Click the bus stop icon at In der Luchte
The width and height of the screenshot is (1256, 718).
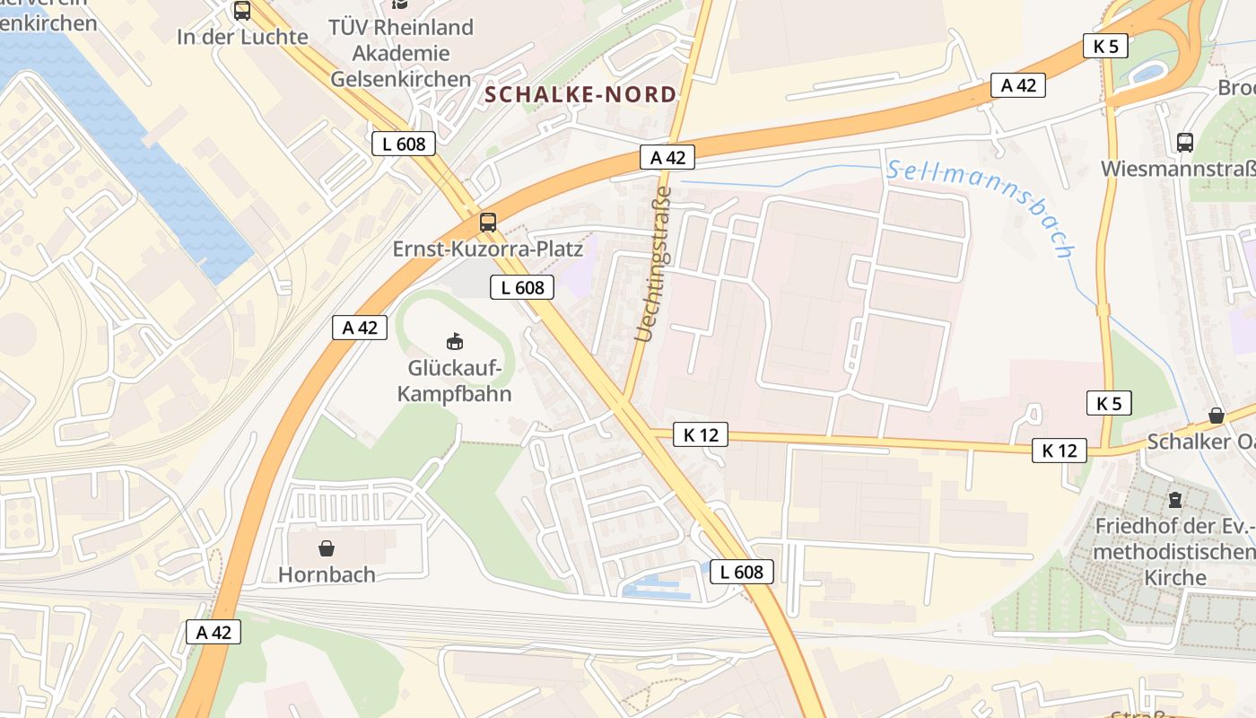coord(242,11)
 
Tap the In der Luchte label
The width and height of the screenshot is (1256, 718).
coord(242,37)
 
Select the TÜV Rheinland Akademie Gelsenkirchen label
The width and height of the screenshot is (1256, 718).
coord(401,53)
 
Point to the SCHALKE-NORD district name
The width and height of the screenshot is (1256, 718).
coord(580,94)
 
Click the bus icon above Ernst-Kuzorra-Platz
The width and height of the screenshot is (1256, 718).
coord(488,223)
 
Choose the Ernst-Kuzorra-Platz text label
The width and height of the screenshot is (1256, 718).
coord(488,249)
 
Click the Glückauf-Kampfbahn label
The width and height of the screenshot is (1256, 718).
coord(455,381)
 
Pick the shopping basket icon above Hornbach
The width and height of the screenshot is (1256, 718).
coord(327,547)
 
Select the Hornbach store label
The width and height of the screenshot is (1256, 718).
coord(327,574)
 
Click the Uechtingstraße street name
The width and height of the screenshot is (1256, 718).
coord(653,264)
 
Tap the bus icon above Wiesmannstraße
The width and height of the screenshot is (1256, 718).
coord(1184,142)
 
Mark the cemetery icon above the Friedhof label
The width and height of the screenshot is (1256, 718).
coord(1175,499)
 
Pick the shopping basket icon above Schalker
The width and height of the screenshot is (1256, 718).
coord(1217,415)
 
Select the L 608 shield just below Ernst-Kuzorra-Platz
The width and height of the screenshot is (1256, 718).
coord(521,287)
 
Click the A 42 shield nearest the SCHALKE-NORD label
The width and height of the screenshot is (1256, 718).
coord(667,157)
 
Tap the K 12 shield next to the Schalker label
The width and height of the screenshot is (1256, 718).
coord(1059,451)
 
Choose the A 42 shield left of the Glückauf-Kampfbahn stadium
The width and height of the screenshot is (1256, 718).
coord(360,328)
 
